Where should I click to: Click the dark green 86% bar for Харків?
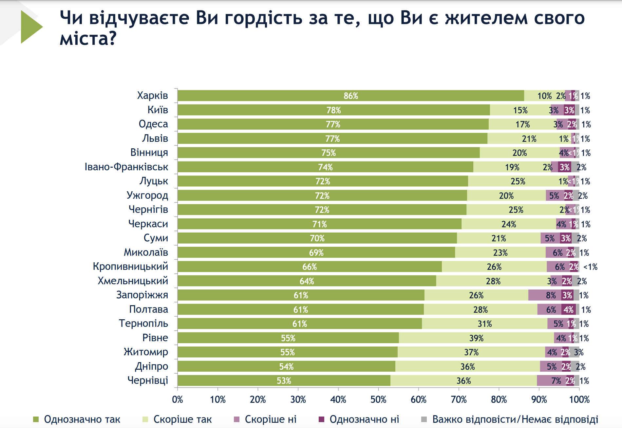[x=350, y=96]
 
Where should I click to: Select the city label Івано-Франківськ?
[x=126, y=167]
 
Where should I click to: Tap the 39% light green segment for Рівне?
[x=476, y=338]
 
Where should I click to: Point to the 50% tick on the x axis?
[x=378, y=400]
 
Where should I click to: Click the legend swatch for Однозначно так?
[x=36, y=419]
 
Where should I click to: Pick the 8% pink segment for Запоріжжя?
[x=544, y=295]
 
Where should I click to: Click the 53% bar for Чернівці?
[x=284, y=381]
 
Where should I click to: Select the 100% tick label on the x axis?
[x=579, y=400]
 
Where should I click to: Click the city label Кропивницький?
[x=130, y=267]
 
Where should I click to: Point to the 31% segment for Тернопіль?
[x=484, y=324]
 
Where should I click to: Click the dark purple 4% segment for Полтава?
[x=569, y=309]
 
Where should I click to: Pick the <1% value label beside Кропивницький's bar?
[x=590, y=267]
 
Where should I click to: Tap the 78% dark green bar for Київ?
[x=333, y=110]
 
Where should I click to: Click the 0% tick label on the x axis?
[x=178, y=400]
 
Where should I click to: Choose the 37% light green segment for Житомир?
[x=471, y=352]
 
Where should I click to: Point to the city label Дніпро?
[x=152, y=366]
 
